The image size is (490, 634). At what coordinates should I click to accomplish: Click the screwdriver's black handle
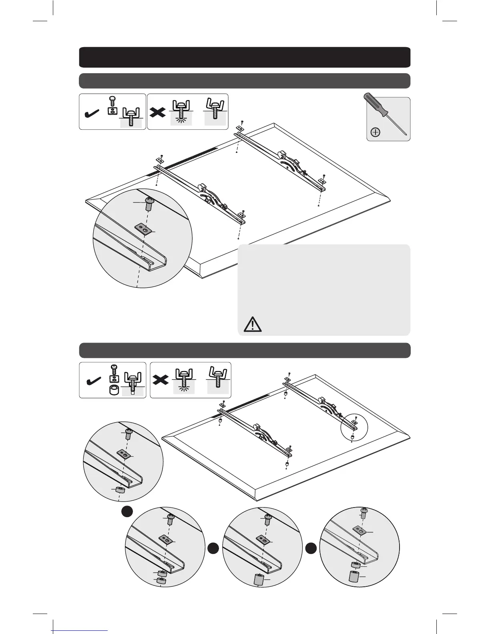(x=375, y=104)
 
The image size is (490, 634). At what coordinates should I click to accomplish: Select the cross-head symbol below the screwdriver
(x=376, y=132)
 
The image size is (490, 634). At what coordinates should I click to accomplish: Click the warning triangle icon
(x=252, y=324)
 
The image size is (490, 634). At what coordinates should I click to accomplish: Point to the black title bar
(x=245, y=57)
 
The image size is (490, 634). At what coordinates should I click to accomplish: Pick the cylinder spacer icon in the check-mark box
(x=114, y=390)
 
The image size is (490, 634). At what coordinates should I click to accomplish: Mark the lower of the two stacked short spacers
(x=161, y=581)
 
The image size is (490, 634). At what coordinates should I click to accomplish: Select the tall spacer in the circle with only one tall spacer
(x=259, y=579)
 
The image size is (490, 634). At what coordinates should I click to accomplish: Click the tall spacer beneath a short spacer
(x=353, y=577)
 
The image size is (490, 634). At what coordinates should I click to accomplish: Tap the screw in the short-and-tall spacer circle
(x=364, y=512)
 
